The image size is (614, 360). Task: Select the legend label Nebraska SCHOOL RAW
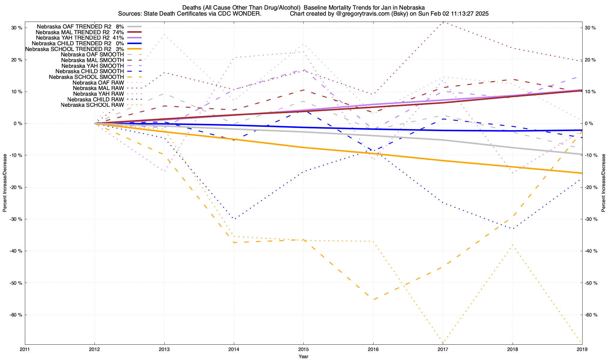[x=92, y=105]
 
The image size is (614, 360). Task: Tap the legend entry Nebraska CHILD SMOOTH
[x=89, y=71]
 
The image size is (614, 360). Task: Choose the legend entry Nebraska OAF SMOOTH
[x=92, y=55]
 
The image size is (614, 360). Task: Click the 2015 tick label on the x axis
[x=303, y=349]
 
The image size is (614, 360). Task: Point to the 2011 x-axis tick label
[x=25, y=349]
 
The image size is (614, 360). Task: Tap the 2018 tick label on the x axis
[x=512, y=349]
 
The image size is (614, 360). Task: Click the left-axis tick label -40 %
[x=16, y=251]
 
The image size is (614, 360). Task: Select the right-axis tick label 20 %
[x=590, y=60]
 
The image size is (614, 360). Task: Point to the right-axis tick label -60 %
[x=590, y=315]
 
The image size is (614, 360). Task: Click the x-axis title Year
[x=303, y=356]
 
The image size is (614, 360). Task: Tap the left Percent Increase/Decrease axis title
[x=5, y=183]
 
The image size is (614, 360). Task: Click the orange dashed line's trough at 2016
[x=373, y=300]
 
